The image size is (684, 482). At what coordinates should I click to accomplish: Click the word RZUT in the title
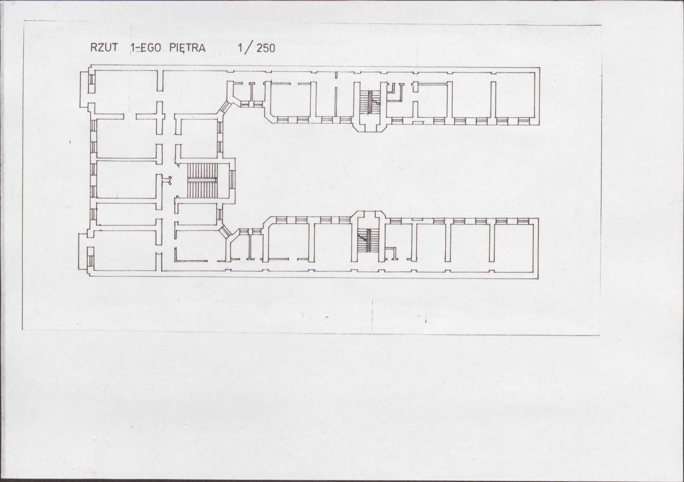pos(104,47)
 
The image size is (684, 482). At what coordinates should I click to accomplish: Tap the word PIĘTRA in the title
pos(187,48)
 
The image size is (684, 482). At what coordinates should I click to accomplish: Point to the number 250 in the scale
pos(265,48)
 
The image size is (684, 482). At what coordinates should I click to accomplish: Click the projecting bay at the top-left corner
pos(86,88)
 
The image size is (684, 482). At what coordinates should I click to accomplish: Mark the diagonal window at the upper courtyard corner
pos(224,106)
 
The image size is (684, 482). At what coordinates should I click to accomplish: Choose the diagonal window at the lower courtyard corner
pos(225,232)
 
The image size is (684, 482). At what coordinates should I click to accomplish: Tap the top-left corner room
pos(126,92)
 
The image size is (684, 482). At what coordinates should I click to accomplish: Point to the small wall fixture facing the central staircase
pos(166,179)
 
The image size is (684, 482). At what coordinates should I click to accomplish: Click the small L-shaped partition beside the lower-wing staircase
pos(391,252)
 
